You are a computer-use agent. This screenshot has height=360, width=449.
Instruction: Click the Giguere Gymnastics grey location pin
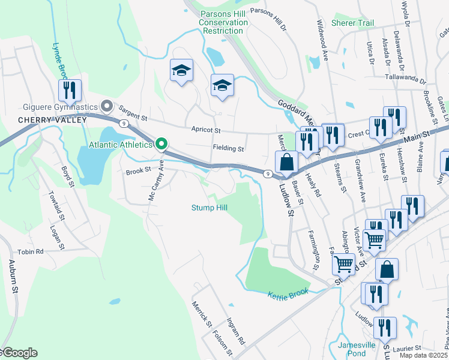pos(107,107)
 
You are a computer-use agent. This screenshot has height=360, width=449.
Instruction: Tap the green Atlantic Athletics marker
pos(161,144)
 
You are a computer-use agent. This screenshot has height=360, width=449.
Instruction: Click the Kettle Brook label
pos(288,292)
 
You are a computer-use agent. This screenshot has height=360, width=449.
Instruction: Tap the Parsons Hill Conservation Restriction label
pos(223,22)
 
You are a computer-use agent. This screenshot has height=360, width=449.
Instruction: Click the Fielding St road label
pos(228,148)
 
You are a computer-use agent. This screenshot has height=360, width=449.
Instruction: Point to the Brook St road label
pos(137,171)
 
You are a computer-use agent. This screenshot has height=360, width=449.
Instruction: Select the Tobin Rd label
pos(31,252)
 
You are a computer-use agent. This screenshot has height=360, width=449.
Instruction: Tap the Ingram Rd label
pos(235,331)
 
